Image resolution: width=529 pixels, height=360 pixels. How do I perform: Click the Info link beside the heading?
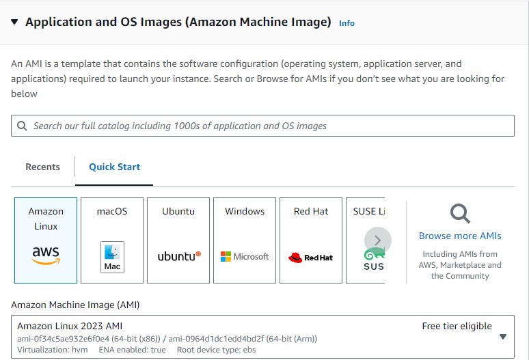click(347, 23)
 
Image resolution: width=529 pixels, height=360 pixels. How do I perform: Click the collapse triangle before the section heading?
click(14, 22)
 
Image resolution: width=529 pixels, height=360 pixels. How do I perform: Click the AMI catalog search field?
click(262, 126)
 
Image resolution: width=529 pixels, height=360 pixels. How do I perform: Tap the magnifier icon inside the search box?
click(23, 126)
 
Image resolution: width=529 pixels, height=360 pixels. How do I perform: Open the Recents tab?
click(42, 167)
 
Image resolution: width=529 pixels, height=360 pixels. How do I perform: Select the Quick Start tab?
click(114, 167)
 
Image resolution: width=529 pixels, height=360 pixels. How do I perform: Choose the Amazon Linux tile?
click(46, 240)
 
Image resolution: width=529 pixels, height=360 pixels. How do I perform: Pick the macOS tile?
click(112, 240)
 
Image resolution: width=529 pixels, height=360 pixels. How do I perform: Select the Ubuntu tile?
click(178, 240)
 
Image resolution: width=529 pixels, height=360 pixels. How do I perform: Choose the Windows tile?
click(245, 240)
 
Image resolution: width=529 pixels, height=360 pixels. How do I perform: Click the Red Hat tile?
click(311, 240)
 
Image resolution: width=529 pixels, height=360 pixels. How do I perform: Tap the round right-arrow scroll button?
click(378, 240)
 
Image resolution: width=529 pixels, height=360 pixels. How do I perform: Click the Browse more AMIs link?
click(460, 236)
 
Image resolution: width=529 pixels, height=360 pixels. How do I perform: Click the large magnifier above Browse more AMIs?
click(460, 214)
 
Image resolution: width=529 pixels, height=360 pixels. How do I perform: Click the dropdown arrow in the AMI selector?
click(503, 336)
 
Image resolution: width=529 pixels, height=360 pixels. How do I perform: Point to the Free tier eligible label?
click(457, 326)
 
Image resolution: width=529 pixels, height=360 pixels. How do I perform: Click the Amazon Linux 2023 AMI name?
click(70, 326)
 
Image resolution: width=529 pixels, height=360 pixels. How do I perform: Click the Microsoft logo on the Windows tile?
click(245, 257)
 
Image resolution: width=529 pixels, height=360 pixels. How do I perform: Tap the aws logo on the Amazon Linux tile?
click(46, 255)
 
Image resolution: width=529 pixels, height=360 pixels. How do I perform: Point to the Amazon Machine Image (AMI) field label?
click(75, 305)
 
